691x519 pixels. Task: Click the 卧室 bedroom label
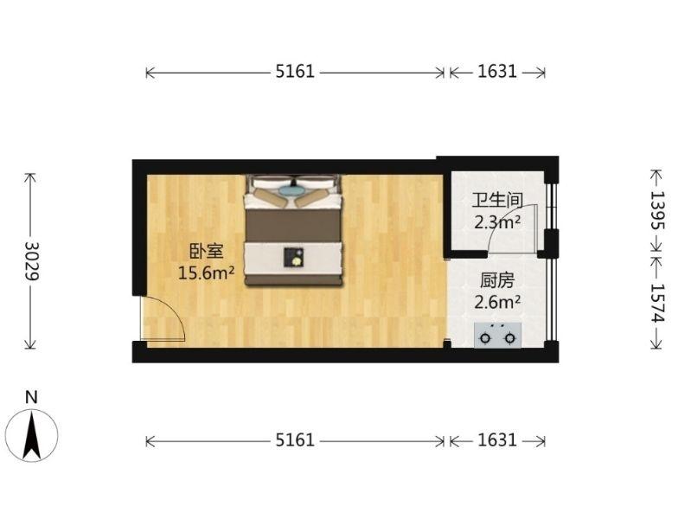pyautogui.click(x=207, y=252)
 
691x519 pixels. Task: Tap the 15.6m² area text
pyautogui.click(x=207, y=273)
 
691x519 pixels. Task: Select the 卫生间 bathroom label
pyautogui.click(x=496, y=200)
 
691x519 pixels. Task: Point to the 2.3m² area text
pyautogui.click(x=496, y=221)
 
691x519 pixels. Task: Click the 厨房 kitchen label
pyautogui.click(x=496, y=280)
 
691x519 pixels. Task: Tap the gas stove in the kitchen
pyautogui.click(x=499, y=334)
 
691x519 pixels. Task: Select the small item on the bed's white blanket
pyautogui.click(x=294, y=256)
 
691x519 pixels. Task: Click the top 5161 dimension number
pyautogui.click(x=294, y=73)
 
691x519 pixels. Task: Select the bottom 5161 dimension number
pyautogui.click(x=294, y=440)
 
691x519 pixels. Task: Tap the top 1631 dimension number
pyautogui.click(x=496, y=73)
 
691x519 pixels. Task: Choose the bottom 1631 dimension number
pyautogui.click(x=496, y=440)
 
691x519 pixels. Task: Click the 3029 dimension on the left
pyautogui.click(x=31, y=260)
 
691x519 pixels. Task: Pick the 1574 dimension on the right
pyautogui.click(x=656, y=304)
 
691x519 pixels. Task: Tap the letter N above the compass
pyautogui.click(x=32, y=397)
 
